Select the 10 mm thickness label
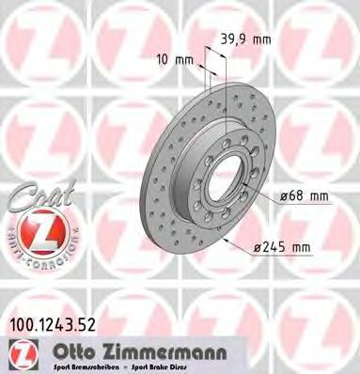click(x=177, y=59)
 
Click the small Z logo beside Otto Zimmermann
click(x=17, y=354)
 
